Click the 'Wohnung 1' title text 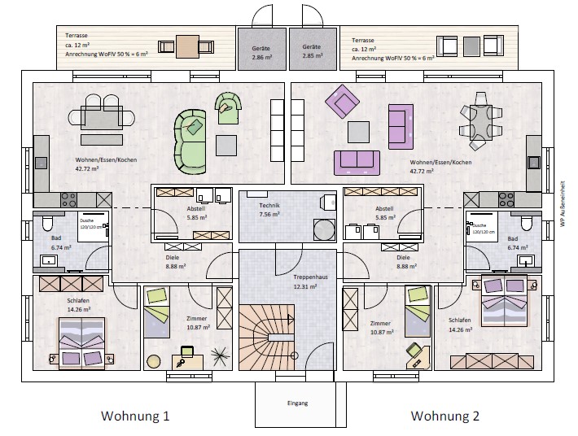click(135, 416)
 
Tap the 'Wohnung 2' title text click(444, 416)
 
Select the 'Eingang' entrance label click(297, 403)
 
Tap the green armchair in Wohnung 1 click(228, 104)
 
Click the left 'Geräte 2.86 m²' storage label click(261, 53)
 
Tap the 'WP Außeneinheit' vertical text click(563, 203)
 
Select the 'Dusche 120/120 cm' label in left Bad click(89, 224)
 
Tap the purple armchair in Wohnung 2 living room click(342, 103)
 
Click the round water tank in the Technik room click(325, 229)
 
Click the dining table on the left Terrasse click(188, 46)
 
